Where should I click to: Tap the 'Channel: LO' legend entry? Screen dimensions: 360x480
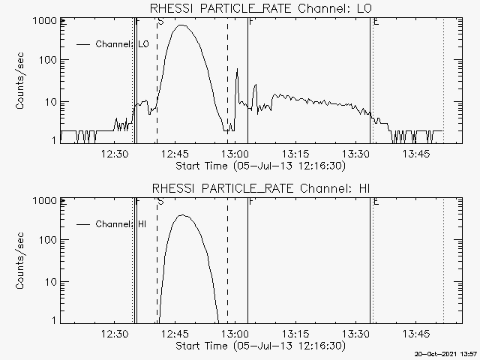point(123,44)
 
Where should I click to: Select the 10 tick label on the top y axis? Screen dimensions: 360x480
point(49,101)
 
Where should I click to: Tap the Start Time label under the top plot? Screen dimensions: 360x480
point(259,166)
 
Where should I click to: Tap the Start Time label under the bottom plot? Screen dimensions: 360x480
point(259,346)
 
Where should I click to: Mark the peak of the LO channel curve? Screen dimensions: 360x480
point(181,25)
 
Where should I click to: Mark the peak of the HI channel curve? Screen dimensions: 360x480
point(182,215)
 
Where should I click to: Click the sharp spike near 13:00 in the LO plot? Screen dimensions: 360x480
point(237,70)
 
